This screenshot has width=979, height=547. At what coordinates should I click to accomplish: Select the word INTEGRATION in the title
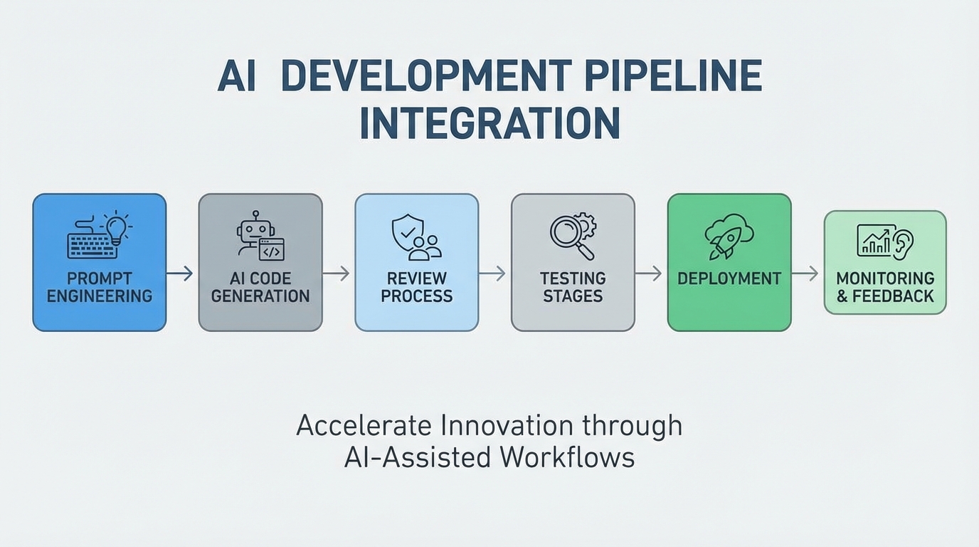click(x=489, y=123)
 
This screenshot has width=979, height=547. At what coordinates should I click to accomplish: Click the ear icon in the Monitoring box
click(x=904, y=242)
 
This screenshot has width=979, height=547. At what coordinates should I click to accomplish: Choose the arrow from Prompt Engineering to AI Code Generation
click(x=181, y=273)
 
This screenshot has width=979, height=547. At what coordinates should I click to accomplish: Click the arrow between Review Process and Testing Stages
click(x=492, y=273)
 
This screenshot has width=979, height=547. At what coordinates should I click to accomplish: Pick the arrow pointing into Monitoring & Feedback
click(x=805, y=273)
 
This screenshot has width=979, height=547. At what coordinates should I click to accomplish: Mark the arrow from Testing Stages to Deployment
click(x=649, y=273)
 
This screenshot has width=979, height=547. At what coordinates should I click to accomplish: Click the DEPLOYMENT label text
click(x=729, y=278)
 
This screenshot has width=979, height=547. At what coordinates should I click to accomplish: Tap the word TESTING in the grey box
click(x=573, y=278)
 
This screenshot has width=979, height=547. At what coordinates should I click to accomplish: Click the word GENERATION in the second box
click(x=260, y=296)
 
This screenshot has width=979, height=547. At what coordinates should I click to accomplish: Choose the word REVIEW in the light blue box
click(x=417, y=278)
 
